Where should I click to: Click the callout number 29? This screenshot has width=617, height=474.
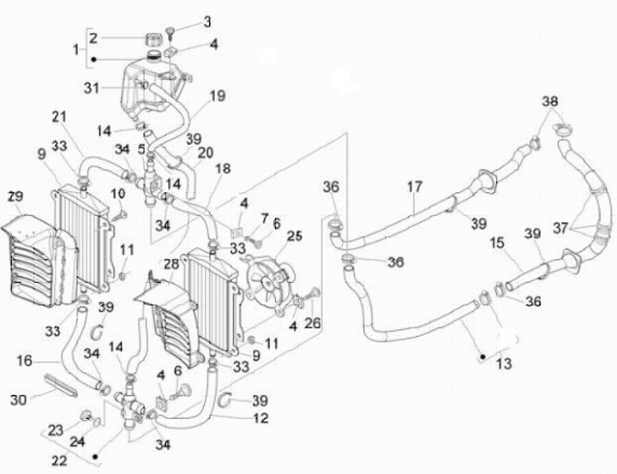point(15,196)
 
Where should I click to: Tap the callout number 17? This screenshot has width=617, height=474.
point(415,187)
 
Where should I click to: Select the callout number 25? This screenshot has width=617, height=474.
point(294,237)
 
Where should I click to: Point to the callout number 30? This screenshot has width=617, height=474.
point(18,400)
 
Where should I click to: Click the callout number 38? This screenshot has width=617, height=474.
point(550,101)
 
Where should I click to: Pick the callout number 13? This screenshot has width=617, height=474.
point(504,363)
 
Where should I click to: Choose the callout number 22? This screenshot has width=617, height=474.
point(60,459)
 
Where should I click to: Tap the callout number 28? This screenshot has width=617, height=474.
point(171,264)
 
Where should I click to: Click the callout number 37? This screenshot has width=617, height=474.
point(561,227)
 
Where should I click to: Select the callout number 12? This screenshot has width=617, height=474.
point(261,418)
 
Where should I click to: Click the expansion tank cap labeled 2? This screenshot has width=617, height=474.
point(154,39)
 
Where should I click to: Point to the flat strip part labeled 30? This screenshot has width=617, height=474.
point(61,385)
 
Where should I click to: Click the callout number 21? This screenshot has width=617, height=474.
point(59,117)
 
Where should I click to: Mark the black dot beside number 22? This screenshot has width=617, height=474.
point(95,457)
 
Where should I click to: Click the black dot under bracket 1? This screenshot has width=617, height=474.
point(93,60)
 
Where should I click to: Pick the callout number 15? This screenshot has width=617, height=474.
point(498,243)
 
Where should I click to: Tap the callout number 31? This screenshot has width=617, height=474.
point(92,87)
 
